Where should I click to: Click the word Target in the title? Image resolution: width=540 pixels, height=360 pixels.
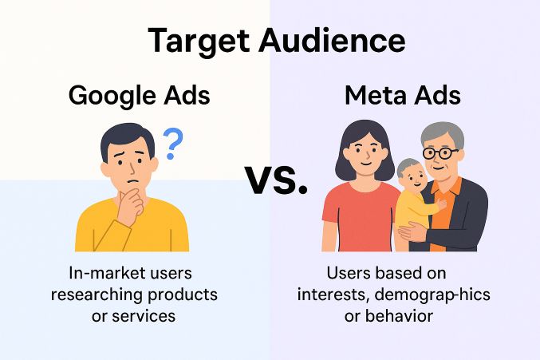pyautogui.click(x=199, y=42)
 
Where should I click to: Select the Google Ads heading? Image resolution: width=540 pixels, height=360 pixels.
pyautogui.click(x=139, y=96)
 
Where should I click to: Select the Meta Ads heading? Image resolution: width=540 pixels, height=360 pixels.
pyautogui.click(x=403, y=95)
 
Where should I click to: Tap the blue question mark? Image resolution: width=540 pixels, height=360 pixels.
pyautogui.click(x=172, y=144)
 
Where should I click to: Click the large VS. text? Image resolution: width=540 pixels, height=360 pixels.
pyautogui.click(x=276, y=180)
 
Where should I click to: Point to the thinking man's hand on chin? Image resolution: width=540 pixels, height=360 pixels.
pyautogui.click(x=132, y=205)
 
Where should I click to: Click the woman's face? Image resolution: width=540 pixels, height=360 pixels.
pyautogui.click(x=365, y=153)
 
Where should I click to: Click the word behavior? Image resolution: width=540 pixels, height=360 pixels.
pyautogui.click(x=399, y=316)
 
